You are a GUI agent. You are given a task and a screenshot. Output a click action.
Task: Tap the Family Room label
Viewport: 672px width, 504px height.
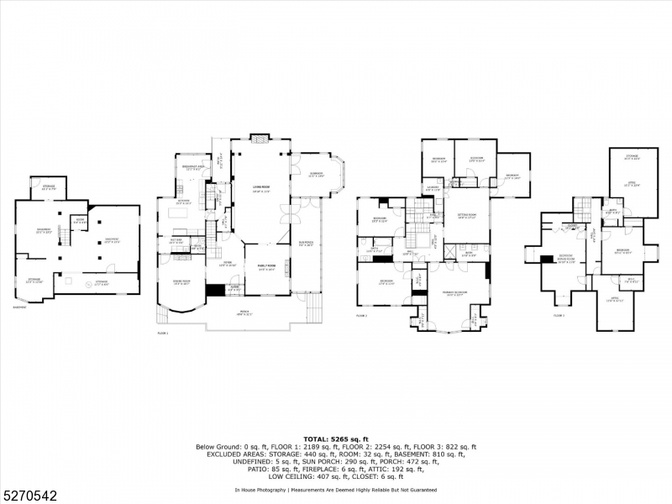268,268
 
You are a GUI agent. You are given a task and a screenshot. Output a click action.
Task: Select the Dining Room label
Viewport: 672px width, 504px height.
181,281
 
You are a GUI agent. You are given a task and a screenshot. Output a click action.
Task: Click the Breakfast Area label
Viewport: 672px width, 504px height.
192,168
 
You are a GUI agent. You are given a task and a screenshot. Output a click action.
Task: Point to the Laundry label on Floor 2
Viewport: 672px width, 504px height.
433,188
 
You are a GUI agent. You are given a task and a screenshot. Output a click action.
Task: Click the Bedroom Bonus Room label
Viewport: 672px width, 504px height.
567,258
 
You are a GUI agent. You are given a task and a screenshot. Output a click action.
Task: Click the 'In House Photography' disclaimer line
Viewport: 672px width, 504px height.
335,489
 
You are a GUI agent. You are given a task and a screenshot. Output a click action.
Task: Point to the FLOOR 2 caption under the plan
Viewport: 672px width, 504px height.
362,316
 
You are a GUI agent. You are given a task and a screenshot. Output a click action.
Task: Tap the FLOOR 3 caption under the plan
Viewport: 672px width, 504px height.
559,315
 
